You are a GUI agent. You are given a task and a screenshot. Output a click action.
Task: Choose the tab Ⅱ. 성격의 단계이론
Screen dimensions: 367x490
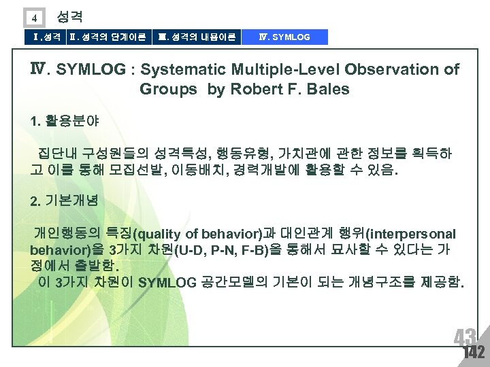(x=108, y=37)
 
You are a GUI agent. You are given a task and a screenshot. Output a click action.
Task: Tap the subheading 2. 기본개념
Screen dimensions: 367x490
(x=65, y=201)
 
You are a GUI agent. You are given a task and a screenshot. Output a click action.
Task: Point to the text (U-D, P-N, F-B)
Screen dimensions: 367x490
(x=220, y=250)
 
